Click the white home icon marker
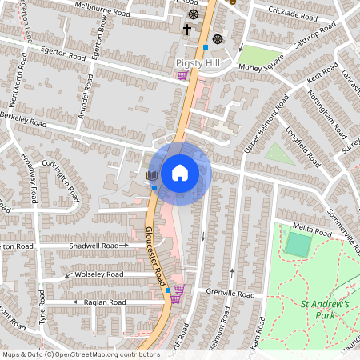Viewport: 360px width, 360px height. click(x=180, y=172)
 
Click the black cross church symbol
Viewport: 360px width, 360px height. click(x=187, y=30)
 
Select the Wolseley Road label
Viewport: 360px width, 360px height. click(x=97, y=274)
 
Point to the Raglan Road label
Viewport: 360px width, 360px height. click(x=105, y=302)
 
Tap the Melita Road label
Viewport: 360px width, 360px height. click(x=311, y=231)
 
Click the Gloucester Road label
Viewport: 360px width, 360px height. click(x=155, y=252)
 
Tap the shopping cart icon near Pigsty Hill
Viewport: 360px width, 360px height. click(x=183, y=75)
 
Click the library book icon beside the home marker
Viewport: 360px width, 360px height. click(x=151, y=174)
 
